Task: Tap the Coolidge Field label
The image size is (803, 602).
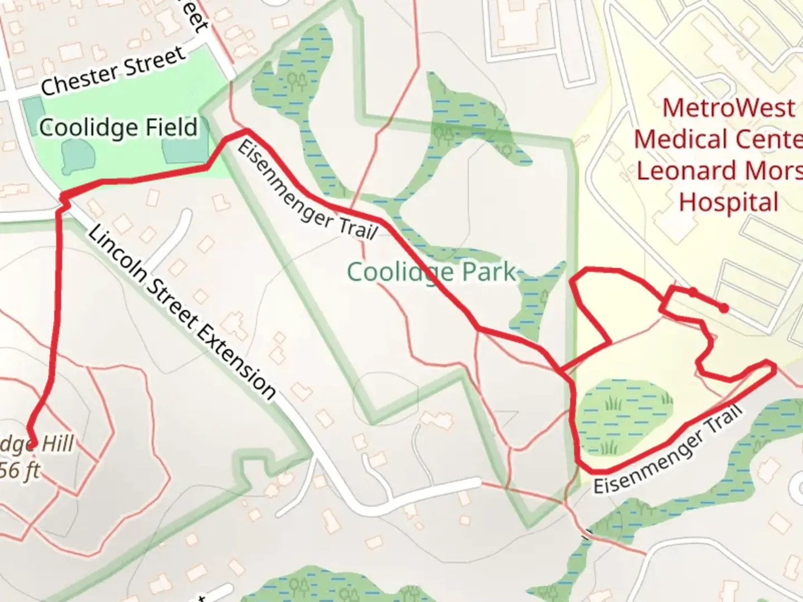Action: point(118,128)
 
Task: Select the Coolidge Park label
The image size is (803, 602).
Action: point(432,273)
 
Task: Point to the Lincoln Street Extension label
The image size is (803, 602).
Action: point(181,312)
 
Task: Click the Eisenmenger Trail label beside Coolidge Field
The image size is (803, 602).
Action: point(307,190)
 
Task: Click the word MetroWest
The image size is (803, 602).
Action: point(728,108)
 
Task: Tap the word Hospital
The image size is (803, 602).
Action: point(728,202)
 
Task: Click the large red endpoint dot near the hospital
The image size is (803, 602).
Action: point(723,308)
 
